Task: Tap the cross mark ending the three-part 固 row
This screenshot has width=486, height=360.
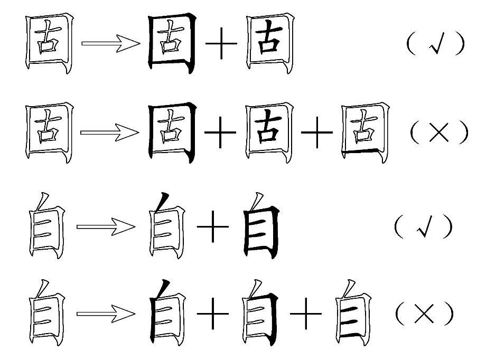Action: [x=440, y=132]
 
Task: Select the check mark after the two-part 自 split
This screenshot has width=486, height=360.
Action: [x=424, y=227]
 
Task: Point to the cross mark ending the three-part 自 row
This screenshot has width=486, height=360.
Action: [x=424, y=315]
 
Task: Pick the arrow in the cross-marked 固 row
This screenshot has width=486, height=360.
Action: [x=110, y=132]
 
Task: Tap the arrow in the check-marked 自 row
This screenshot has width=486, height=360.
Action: [x=106, y=227]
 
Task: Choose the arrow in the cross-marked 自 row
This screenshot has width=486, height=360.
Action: [x=106, y=315]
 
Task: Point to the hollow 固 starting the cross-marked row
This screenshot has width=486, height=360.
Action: [x=49, y=132]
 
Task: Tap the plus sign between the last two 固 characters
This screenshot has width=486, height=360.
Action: [x=317, y=132]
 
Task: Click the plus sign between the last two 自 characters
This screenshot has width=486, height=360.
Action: [x=306, y=315]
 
